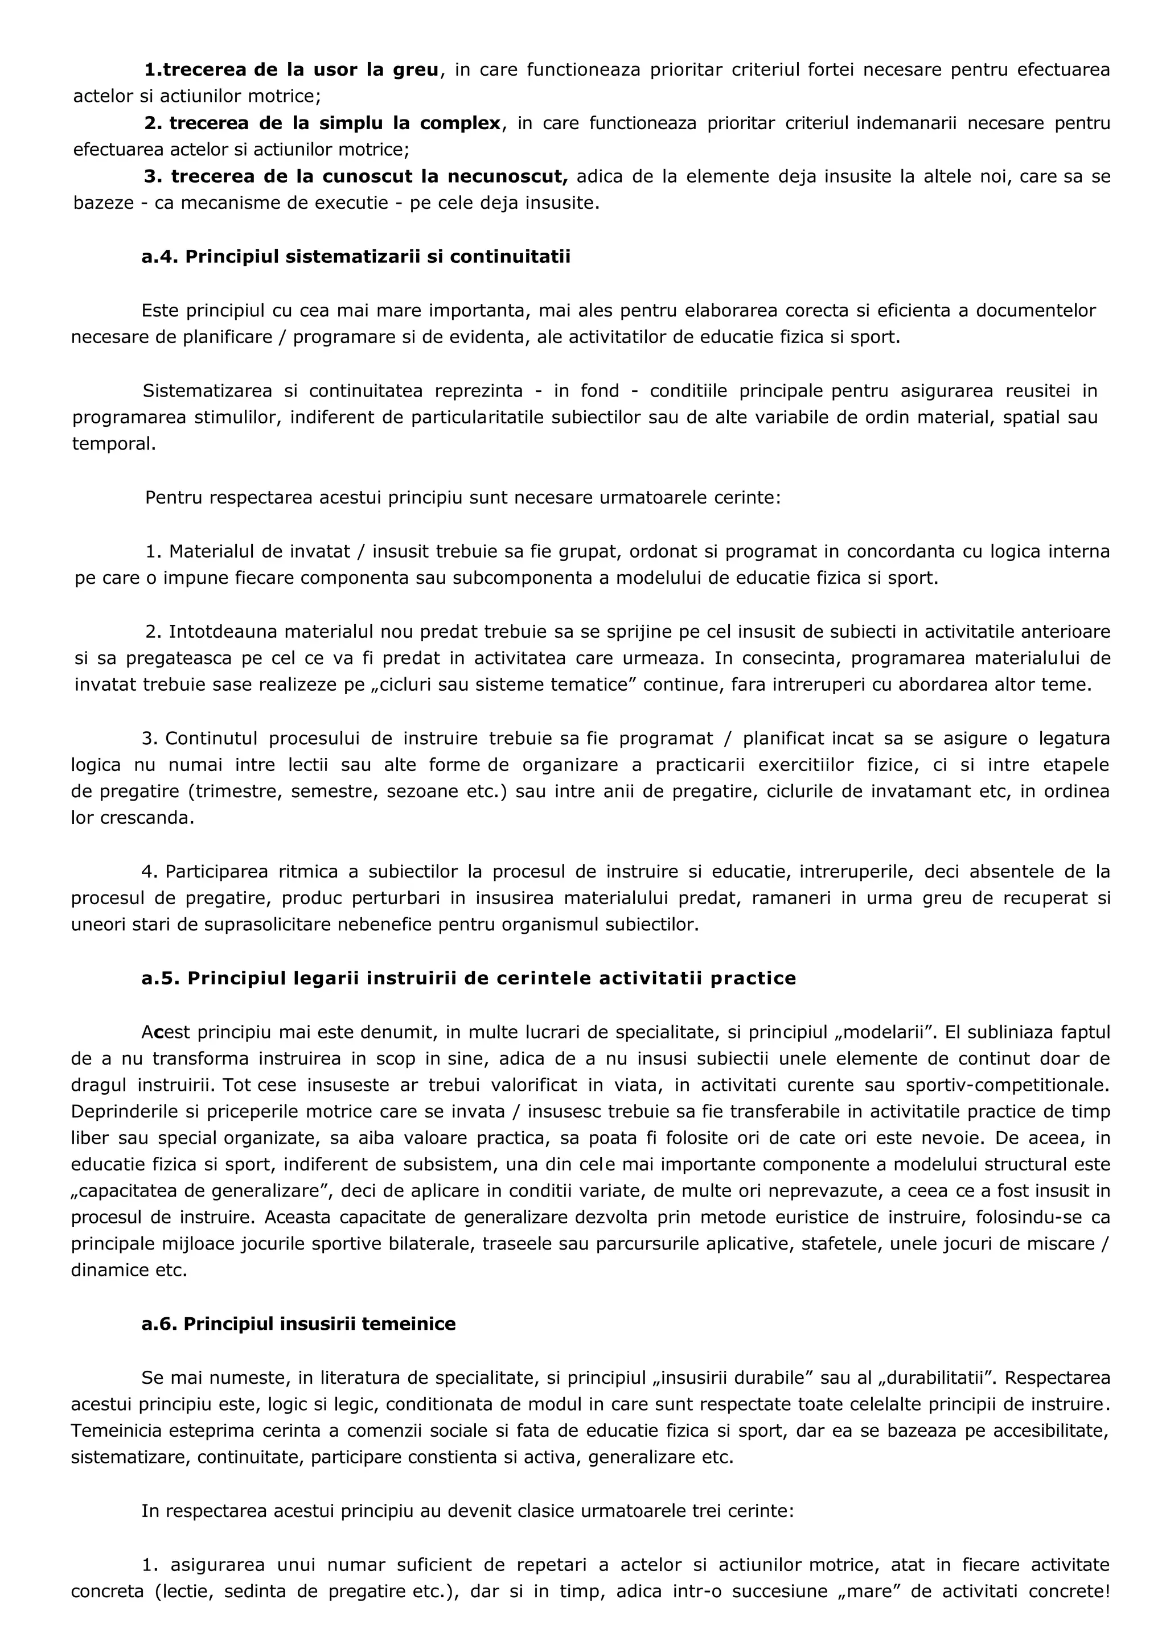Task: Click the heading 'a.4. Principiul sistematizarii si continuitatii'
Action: (356, 257)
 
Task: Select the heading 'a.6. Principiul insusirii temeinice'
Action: (298, 1324)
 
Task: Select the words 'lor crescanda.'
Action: (132, 818)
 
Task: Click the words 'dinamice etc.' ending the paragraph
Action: (129, 1270)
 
